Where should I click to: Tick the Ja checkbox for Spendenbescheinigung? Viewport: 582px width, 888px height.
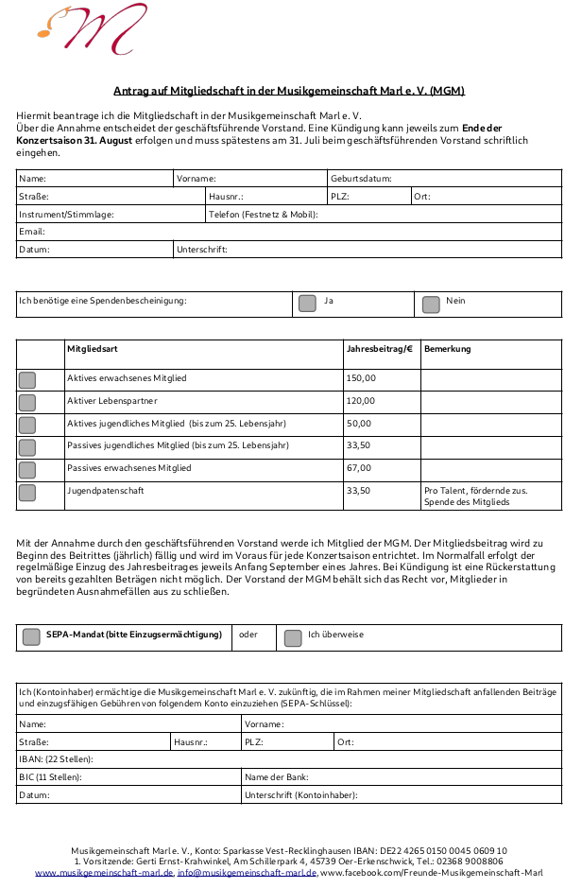coord(307,304)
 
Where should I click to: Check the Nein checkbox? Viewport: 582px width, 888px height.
coord(431,305)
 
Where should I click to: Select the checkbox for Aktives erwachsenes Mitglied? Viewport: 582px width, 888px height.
coord(27,380)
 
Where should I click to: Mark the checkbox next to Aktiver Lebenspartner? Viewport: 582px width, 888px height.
coord(27,403)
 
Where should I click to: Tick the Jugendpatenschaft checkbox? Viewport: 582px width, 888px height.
coord(27,493)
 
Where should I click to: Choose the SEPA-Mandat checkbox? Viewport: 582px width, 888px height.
coord(31,636)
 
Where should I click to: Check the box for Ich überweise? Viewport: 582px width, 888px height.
coord(293,637)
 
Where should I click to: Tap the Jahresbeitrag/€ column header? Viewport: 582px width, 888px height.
coord(380,350)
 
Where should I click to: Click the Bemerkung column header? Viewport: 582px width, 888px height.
coord(448,350)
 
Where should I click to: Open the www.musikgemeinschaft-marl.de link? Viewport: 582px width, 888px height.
coord(104,873)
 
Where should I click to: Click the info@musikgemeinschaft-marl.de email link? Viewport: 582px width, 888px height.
coord(248,873)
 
